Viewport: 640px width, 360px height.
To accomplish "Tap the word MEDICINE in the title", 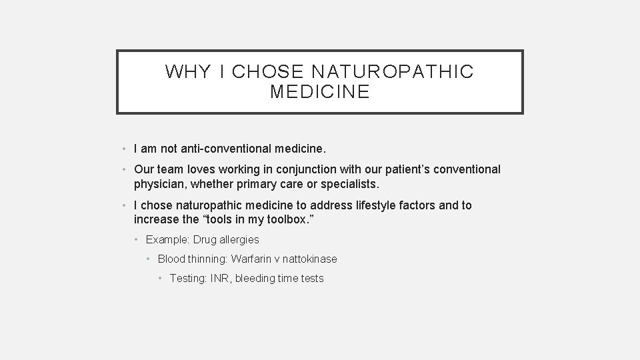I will [x=320, y=92].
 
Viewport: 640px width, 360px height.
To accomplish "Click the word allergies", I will [x=236, y=239].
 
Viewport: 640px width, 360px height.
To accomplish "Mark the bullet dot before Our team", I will [x=125, y=169].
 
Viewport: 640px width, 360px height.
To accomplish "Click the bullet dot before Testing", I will [x=161, y=279].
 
